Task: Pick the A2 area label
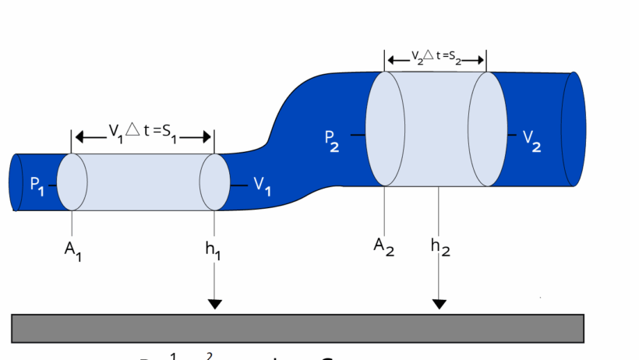click(x=383, y=246)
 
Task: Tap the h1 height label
click(x=212, y=252)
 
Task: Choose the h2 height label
click(x=440, y=248)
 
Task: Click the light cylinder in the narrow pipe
click(x=144, y=182)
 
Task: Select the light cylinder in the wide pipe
click(x=436, y=129)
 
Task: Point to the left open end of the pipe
click(x=16, y=182)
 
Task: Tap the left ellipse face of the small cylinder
click(x=72, y=182)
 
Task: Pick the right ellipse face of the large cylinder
click(x=488, y=129)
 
